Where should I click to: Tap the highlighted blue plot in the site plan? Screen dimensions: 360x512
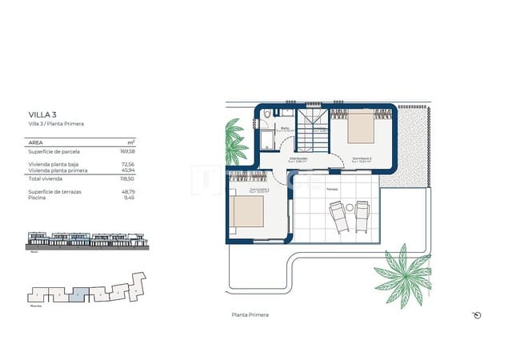74,293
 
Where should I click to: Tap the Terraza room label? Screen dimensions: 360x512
331,189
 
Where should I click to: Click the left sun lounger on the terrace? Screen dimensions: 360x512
339,216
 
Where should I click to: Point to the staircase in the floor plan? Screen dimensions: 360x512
318,137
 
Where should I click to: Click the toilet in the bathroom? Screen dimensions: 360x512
265,122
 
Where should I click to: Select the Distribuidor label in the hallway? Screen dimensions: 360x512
299,158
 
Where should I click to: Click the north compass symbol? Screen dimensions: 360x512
477,315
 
